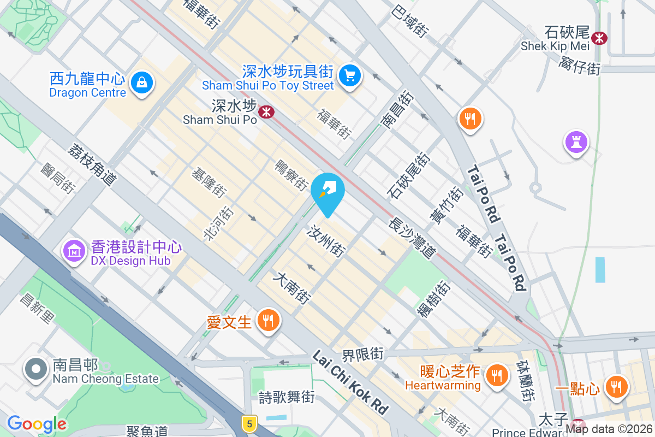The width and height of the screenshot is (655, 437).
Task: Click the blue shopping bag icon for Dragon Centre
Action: point(142,82)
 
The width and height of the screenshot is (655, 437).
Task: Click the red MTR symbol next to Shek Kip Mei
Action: point(599,38)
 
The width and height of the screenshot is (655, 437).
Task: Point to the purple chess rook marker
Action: point(576,142)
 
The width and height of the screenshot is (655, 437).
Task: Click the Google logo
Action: point(37,424)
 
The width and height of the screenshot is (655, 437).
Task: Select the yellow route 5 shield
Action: point(249,423)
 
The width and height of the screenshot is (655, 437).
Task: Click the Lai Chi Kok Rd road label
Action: point(350,382)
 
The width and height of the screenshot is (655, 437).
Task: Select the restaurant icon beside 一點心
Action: point(616,386)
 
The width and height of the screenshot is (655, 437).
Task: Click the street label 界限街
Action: point(363,355)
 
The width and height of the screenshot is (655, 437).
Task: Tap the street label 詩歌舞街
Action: point(287,397)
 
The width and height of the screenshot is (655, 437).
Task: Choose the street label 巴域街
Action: point(409,22)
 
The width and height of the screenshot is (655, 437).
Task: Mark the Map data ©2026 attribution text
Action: point(609,429)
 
